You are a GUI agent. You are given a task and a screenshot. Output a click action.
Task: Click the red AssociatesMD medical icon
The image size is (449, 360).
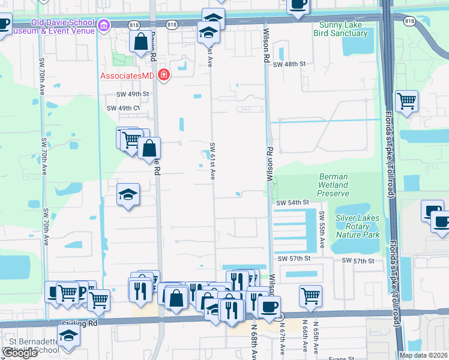(163, 76)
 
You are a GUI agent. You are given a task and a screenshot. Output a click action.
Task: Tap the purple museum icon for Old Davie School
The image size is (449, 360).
(104, 26)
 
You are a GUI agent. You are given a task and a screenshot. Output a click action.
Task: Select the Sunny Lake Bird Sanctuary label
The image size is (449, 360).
(340, 29)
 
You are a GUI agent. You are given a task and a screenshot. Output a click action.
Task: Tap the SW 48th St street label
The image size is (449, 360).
(289, 64)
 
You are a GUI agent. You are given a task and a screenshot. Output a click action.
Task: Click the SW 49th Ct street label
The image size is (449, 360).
(123, 108)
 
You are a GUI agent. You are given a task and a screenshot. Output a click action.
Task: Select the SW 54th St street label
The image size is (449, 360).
(292, 203)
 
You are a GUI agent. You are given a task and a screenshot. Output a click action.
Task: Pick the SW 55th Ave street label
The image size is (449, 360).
(322, 230)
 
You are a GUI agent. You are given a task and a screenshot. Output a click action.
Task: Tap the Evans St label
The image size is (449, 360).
(340, 359)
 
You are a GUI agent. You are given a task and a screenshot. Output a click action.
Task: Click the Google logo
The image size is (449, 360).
(19, 353)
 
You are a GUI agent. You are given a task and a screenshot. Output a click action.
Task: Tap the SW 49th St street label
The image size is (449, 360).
(133, 94)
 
